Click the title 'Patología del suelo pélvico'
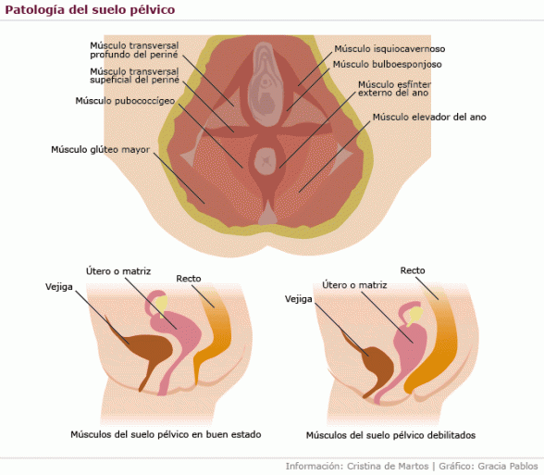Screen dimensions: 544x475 (x=90, y=9)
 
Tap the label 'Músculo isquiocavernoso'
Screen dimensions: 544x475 (x=389, y=49)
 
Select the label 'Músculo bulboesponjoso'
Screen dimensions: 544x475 (x=387, y=64)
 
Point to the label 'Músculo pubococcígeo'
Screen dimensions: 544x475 (x=125, y=101)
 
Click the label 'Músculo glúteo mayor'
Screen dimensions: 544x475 (x=100, y=150)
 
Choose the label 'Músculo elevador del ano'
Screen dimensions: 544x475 (x=429, y=117)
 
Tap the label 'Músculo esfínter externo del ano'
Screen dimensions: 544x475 (x=394, y=89)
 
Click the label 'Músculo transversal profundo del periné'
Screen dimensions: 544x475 (x=134, y=50)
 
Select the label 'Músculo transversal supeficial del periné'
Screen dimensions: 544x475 (x=134, y=76)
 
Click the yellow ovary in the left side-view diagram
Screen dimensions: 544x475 (x=161, y=304)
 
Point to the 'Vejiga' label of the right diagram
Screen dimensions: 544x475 (x=298, y=299)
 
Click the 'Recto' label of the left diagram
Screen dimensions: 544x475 (x=189, y=279)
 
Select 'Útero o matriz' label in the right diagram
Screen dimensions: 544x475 (x=354, y=285)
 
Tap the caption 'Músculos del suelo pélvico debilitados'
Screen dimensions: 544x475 (x=390, y=435)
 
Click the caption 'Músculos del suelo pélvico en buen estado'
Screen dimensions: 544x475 (x=166, y=434)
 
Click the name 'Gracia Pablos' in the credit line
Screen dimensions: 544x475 (x=508, y=466)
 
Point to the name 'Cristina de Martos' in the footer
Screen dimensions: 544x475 (x=388, y=466)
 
